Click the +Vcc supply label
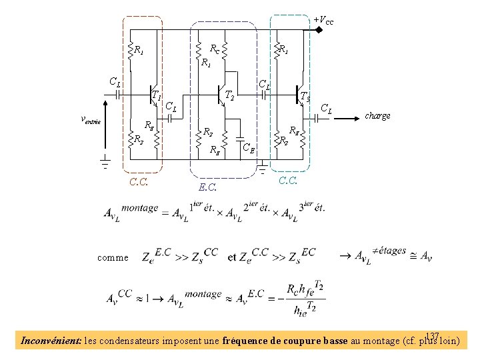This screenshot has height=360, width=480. (x=324, y=21)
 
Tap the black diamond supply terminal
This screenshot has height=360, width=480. (x=319, y=30)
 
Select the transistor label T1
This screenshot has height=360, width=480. (x=157, y=96)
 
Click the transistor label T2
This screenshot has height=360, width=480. (x=229, y=95)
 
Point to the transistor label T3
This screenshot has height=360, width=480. (x=305, y=96)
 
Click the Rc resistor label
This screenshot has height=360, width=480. (x=215, y=49)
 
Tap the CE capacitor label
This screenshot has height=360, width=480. (x=248, y=147)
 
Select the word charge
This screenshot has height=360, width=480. (x=377, y=115)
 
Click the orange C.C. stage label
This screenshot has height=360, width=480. (x=139, y=181)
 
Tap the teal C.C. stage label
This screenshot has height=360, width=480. (x=289, y=180)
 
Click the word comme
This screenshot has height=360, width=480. (x=112, y=257)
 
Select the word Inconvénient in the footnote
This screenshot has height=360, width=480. (x=51, y=341)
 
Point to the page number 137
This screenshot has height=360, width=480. (x=433, y=335)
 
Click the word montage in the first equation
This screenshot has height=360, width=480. (x=140, y=208)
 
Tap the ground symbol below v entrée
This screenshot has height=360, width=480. (x=105, y=160)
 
